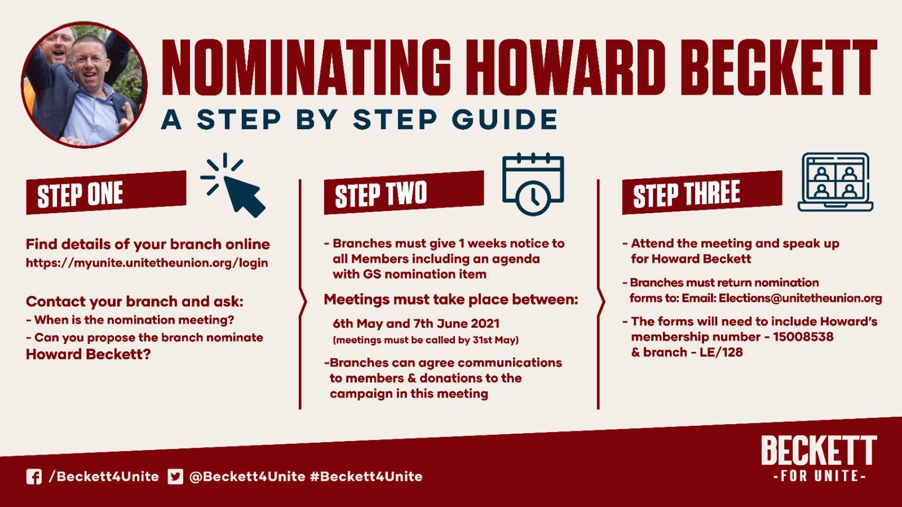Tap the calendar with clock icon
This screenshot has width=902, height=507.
point(533,184)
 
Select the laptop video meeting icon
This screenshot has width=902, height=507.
point(835,182)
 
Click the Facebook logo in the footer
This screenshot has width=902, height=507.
point(34,477)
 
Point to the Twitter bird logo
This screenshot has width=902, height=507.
point(175,477)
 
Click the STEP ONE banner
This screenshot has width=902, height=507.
point(107,192)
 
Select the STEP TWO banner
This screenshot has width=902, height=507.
point(404,192)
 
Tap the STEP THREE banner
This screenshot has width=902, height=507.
point(702,192)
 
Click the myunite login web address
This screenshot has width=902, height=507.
point(147,263)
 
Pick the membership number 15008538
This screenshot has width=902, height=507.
point(803,337)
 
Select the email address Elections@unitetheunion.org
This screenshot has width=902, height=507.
point(800,298)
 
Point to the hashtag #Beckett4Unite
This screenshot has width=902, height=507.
point(366,477)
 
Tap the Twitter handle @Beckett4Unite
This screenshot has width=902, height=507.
point(247,477)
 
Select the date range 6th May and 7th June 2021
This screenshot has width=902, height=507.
point(416,323)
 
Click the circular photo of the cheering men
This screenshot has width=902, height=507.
point(84,85)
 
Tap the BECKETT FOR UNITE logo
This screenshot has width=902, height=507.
point(819,458)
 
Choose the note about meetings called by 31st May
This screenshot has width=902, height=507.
point(426,340)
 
